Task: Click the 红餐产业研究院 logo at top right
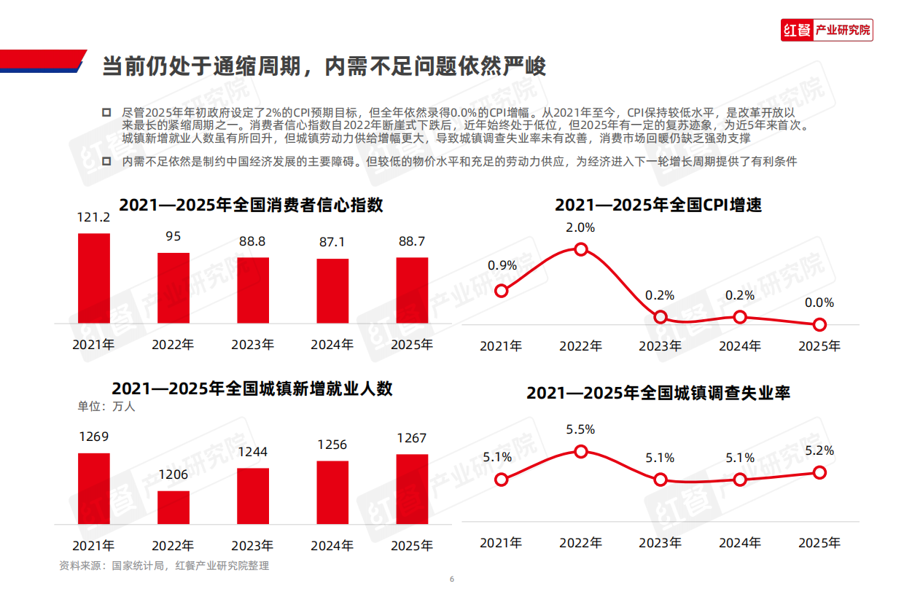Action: pyautogui.click(x=826, y=30)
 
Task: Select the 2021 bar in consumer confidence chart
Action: pyautogui.click(x=94, y=278)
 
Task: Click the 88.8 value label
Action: pyautogui.click(x=253, y=241)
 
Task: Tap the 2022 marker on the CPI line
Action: pyautogui.click(x=581, y=249)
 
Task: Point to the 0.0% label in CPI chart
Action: pyautogui.click(x=820, y=303)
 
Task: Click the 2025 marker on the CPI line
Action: pyautogui.click(x=820, y=324)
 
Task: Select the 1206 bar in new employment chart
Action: pyautogui.click(x=174, y=507)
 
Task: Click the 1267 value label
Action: pyautogui.click(x=412, y=438)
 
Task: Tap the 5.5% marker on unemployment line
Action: pyautogui.click(x=581, y=452)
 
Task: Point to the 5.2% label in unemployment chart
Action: pyautogui.click(x=820, y=451)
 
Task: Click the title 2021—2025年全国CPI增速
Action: pyautogui.click(x=658, y=205)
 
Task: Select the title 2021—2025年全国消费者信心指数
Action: pyautogui.click(x=252, y=205)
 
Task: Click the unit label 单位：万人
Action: pyautogui.click(x=106, y=407)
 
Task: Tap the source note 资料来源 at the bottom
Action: pyautogui.click(x=165, y=566)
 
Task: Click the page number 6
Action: pyautogui.click(x=452, y=579)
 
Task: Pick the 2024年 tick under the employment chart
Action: pyautogui.click(x=332, y=545)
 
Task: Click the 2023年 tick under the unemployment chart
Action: pyautogui.click(x=661, y=542)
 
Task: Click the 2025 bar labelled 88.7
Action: pyautogui.click(x=412, y=290)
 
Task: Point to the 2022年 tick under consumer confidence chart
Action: pyautogui.click(x=174, y=345)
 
